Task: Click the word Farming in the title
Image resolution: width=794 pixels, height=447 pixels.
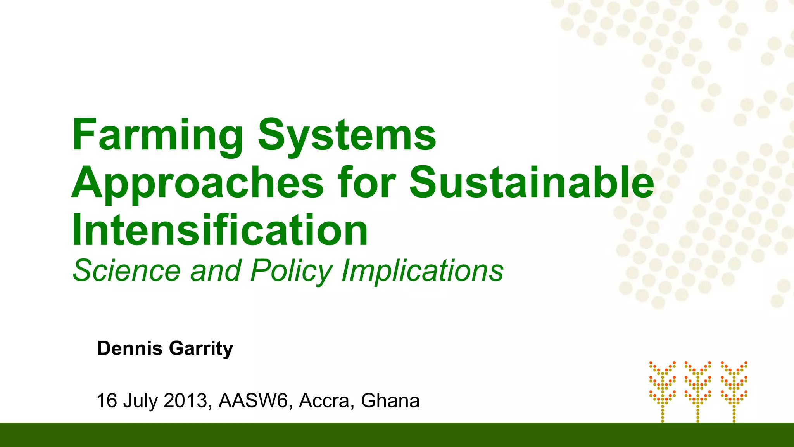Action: [157, 136]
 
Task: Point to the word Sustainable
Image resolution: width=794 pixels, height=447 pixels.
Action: [532, 182]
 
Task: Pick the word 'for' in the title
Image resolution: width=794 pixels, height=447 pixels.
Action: [367, 182]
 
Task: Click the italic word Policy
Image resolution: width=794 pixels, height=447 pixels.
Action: [292, 271]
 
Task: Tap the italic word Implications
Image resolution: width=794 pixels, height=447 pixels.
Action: [422, 271]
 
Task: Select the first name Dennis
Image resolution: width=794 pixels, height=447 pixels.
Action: [130, 348]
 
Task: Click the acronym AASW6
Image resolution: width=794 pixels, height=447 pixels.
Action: [254, 400]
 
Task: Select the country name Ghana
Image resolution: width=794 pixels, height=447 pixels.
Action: [390, 400]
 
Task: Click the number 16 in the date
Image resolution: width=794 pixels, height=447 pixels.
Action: [107, 400]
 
